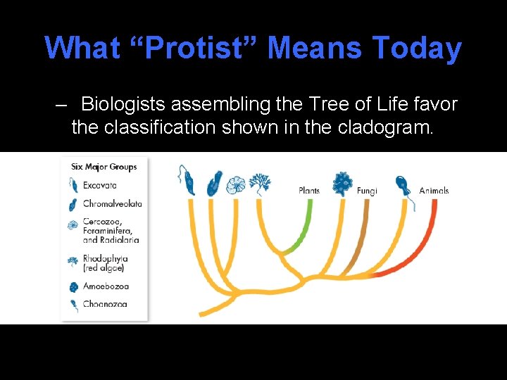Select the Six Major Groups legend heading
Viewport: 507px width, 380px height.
104,167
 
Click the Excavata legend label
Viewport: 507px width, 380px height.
100,185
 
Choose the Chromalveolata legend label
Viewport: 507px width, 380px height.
113,204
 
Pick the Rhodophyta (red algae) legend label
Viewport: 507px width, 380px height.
106,263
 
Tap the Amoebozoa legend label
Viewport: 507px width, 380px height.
106,286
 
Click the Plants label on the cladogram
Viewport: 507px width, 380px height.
309,191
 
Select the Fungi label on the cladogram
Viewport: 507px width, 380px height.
367,191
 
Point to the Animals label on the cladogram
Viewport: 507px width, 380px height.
434,191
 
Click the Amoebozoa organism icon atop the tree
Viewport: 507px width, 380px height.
343,183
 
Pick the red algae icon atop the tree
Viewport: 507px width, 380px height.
260,183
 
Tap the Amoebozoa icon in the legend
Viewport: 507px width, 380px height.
73,286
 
